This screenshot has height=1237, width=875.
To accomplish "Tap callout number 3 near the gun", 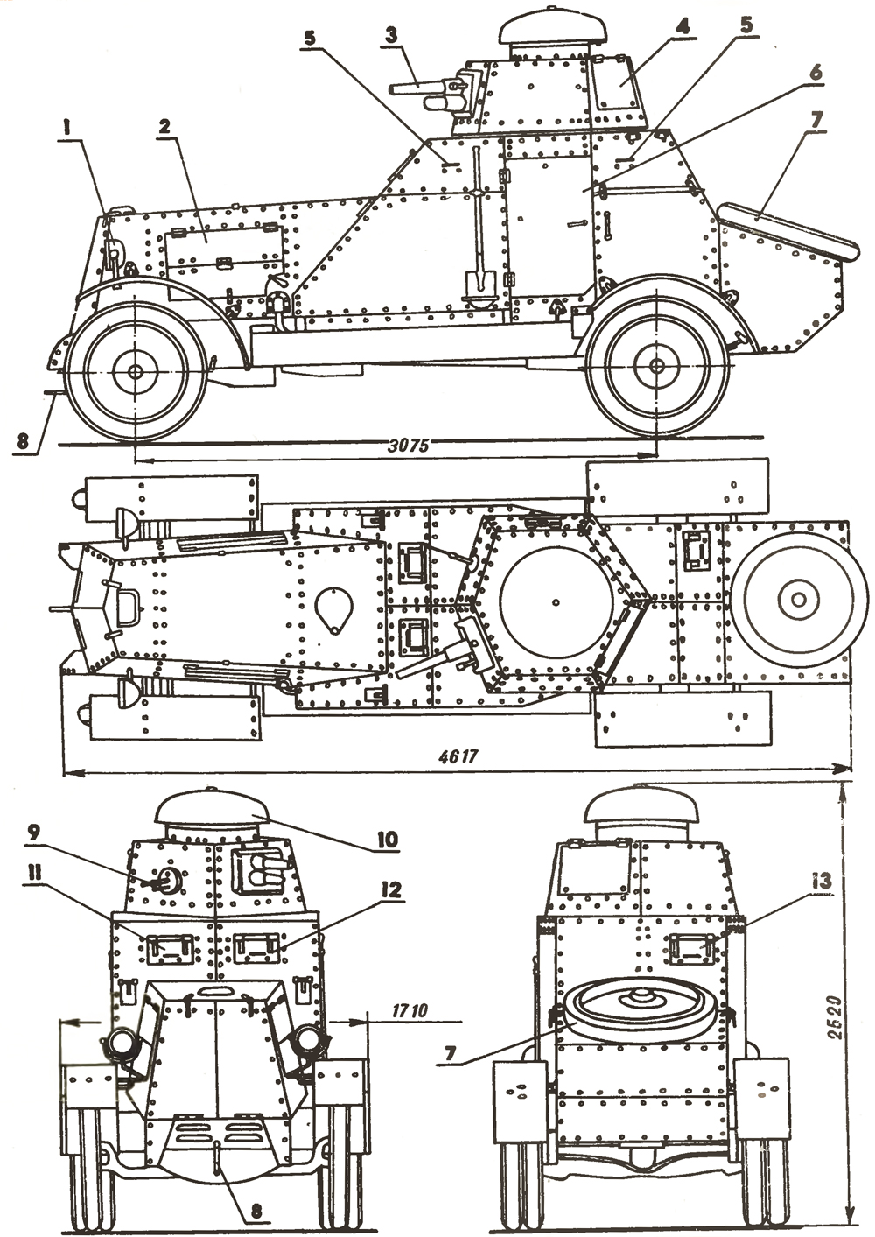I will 391,35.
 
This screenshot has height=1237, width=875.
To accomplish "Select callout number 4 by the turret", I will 681,26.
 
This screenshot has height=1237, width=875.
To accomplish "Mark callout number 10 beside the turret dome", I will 386,839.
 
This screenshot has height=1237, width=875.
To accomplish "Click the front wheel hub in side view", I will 136,371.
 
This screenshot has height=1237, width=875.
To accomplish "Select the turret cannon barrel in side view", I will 416,88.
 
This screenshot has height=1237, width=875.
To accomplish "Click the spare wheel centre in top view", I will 797,599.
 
